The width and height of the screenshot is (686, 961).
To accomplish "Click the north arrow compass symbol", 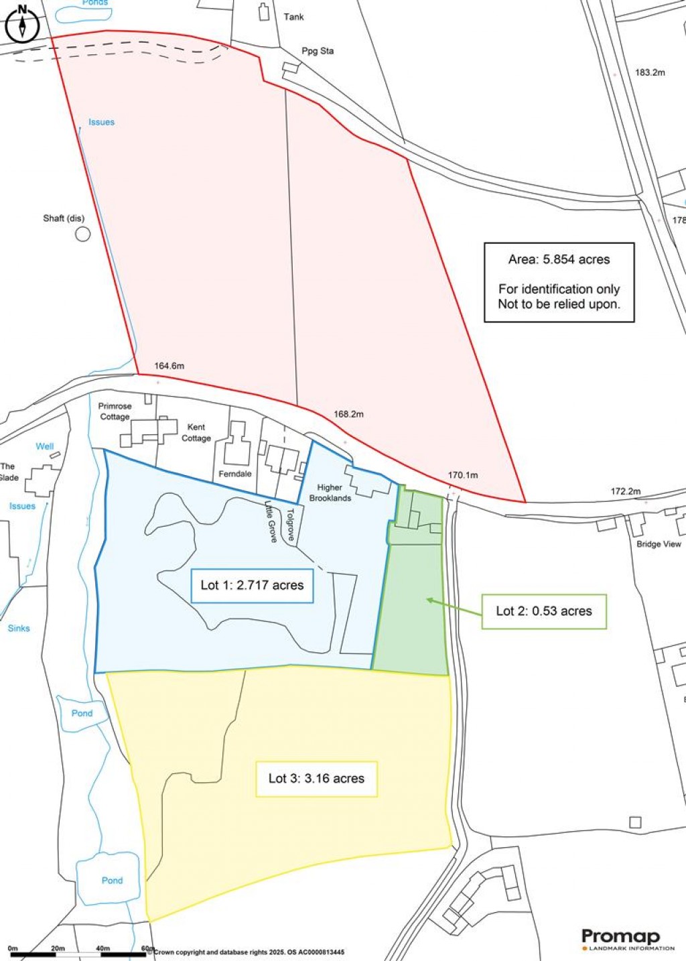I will tap(22, 23).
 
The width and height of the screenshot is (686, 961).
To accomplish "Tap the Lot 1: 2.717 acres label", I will tap(252, 585).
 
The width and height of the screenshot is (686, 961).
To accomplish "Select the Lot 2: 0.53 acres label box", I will tap(544, 611).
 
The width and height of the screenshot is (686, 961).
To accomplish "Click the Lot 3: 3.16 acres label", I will tap(316, 779).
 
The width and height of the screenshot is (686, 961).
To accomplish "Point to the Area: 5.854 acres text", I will tap(559, 259).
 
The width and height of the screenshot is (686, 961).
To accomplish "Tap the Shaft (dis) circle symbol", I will tap(82, 234).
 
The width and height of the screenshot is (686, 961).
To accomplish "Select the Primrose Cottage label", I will tap(115, 411).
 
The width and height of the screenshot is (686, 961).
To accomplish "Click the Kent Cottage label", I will tap(196, 432).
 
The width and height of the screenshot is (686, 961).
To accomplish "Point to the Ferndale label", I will tap(235, 474).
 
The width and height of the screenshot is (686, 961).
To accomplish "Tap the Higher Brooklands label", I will tap(330, 493).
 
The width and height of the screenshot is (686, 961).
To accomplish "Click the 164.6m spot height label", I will tap(169, 366).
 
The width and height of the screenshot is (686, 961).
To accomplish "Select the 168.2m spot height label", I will tap(348, 414).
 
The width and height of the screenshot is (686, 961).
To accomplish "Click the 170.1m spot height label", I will tap(463, 475).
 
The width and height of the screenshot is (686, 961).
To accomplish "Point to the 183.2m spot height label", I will tap(650, 72).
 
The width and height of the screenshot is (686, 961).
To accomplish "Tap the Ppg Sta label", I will tap(318, 51).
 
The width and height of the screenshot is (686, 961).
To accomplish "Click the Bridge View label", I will tap(659, 544).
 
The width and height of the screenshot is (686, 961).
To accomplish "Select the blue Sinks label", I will tap(19, 628).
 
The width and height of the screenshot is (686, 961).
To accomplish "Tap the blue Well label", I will tap(45, 446).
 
